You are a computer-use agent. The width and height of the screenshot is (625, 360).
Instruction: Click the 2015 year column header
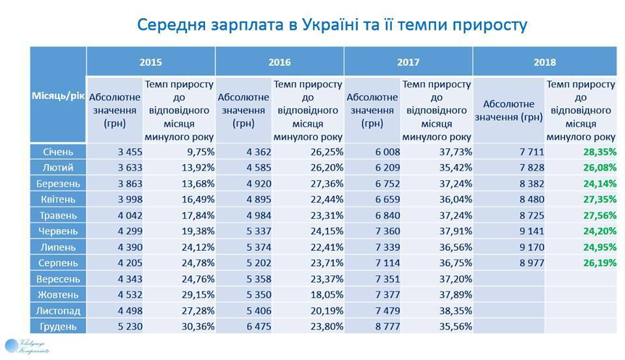point(150,62)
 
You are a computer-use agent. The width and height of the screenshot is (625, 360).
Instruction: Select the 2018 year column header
point(544,62)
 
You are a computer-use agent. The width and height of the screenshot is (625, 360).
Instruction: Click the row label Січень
point(58,152)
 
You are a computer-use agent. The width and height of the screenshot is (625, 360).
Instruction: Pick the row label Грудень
point(58,326)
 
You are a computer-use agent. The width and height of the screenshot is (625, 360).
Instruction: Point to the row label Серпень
point(58,263)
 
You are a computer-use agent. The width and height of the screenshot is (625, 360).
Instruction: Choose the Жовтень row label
point(58,295)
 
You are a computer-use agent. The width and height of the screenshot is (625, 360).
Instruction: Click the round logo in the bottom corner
point(13,346)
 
